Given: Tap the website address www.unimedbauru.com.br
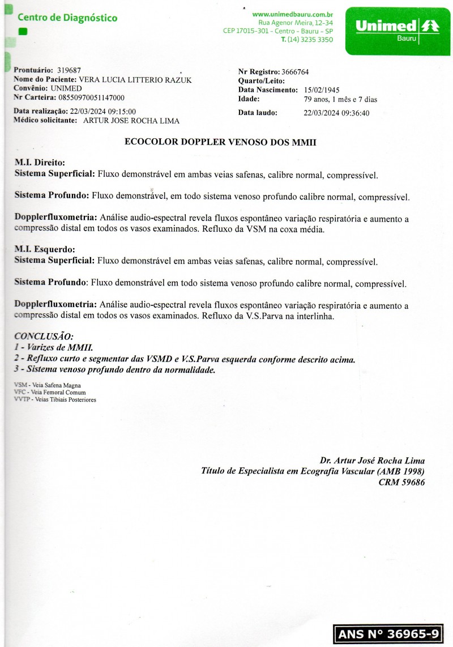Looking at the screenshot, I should point(292,14).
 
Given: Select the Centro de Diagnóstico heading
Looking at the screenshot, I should point(67,18).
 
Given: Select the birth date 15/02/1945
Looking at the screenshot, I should point(323,90).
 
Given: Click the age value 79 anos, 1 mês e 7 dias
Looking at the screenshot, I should point(340,99).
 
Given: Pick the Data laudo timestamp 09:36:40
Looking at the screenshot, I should point(352,113).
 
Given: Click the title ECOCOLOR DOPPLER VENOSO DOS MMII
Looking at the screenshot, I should point(220,143).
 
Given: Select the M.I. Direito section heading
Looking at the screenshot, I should point(40,162).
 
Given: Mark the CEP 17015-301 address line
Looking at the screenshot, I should point(278,31).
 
